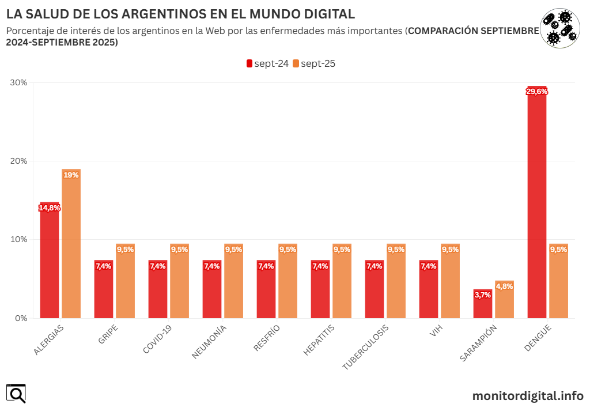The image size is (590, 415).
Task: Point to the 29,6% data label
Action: tap(537, 91)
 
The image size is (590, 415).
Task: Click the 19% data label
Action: tap(71, 175)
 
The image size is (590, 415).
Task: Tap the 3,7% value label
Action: tap(483, 295)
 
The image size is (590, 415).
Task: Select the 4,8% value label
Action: tap(504, 286)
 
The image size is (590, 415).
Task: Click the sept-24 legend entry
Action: tap(268, 64)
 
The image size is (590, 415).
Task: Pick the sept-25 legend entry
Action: tap(314, 64)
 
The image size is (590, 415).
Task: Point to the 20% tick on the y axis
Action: tap(19, 161)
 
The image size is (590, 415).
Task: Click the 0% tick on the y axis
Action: tap(21, 318)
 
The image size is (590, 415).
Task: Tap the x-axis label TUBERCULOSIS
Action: tap(366, 346)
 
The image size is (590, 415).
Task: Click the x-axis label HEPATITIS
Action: tap(318, 341)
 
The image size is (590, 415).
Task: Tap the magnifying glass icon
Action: tap(16, 394)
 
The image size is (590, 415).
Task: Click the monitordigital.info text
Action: tap(528, 396)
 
